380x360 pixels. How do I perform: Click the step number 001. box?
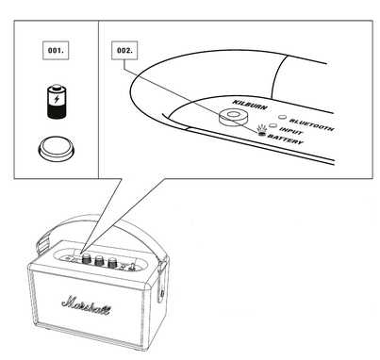(x=56, y=50)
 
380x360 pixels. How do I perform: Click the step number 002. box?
(x=124, y=50)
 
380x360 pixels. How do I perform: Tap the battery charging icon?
(x=57, y=102)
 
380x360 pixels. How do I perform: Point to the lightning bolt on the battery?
(x=57, y=99)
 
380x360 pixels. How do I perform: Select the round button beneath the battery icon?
(x=57, y=149)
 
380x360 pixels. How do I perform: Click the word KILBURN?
(x=250, y=105)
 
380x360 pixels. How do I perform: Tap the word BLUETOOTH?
(x=311, y=124)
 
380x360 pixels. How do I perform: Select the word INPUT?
(x=291, y=131)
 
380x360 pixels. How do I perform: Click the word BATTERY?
(x=286, y=139)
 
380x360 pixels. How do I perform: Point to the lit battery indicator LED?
(x=261, y=134)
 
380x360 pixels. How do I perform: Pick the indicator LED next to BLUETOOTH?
(x=283, y=118)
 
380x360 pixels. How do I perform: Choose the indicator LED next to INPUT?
(x=273, y=126)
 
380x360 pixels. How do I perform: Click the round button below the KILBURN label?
(x=233, y=117)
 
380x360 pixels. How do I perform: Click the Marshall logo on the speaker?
(x=86, y=305)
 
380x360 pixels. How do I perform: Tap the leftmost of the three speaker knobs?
(x=86, y=259)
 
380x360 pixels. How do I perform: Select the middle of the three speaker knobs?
(x=99, y=261)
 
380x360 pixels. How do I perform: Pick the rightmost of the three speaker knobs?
(x=112, y=263)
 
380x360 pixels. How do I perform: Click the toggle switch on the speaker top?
(x=133, y=267)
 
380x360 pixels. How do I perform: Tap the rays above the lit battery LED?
(x=261, y=128)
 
